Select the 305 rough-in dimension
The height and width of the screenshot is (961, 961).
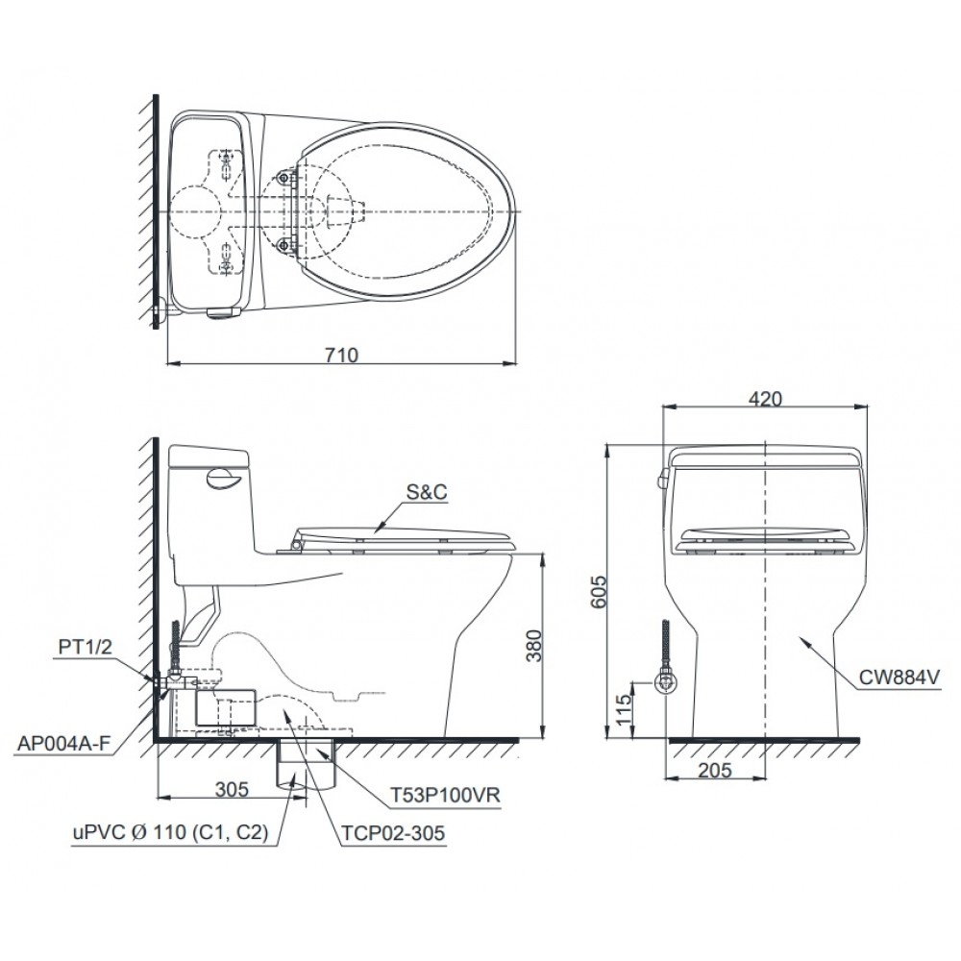point(232,790)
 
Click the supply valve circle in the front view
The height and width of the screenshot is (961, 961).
point(665,681)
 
